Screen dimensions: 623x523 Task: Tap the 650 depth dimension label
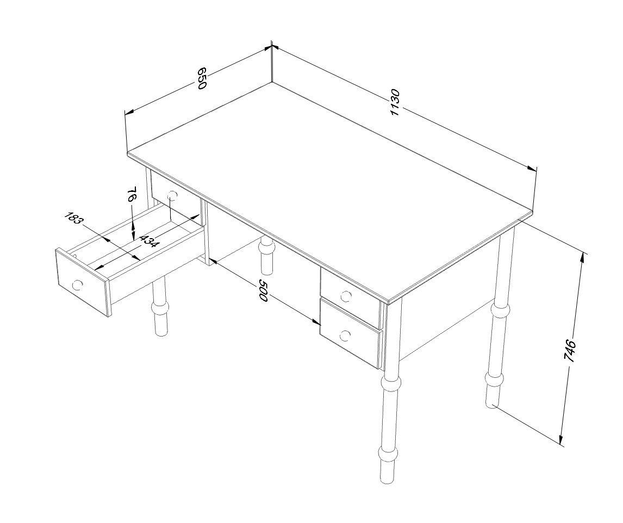[202, 78]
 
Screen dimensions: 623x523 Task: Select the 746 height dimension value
[570, 350]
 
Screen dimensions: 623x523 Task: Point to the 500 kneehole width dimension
[264, 290]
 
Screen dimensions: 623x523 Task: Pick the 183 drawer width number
[73, 218]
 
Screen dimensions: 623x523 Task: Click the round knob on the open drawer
[77, 284]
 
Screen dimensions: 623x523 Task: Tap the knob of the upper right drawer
[346, 296]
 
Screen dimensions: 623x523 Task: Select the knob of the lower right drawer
[345, 336]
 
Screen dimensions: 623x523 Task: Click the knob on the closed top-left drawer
[172, 195]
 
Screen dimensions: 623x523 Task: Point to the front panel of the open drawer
[83, 282]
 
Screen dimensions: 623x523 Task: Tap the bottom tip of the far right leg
[492, 406]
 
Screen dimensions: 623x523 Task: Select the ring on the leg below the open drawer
[160, 308]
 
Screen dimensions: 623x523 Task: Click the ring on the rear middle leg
[266, 248]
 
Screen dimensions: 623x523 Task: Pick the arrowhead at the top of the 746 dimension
[582, 256]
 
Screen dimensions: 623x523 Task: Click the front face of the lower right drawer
[350, 333]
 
